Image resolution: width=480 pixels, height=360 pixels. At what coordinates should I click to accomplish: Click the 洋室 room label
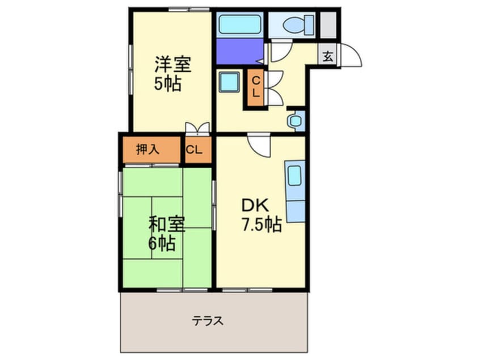[173, 64]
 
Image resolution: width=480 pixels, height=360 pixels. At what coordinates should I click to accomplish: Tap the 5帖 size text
[168, 83]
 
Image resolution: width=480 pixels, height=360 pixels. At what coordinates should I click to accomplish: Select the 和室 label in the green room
[167, 224]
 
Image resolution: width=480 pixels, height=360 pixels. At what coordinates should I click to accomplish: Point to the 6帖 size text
[162, 244]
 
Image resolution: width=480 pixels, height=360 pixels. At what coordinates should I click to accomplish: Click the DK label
[255, 206]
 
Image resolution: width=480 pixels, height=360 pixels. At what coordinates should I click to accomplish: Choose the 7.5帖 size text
[262, 224]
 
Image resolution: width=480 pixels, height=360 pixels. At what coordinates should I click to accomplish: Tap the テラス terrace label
[208, 321]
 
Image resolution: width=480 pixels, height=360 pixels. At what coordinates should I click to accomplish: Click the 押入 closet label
[148, 149]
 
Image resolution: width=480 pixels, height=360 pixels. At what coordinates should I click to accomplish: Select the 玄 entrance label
[328, 57]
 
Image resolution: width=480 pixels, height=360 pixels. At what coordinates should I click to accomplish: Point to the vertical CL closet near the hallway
[256, 87]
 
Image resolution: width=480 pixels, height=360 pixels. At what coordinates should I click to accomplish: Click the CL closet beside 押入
[194, 150]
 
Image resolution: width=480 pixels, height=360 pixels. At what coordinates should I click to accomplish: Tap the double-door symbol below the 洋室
[198, 128]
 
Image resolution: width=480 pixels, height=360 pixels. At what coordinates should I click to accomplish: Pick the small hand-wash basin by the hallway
[295, 120]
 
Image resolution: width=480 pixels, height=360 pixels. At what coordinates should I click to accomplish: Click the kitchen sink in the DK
[295, 176]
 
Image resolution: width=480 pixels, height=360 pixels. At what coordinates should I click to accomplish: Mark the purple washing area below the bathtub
[240, 51]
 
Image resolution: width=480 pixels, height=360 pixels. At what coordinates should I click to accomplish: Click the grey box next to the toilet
[329, 25]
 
